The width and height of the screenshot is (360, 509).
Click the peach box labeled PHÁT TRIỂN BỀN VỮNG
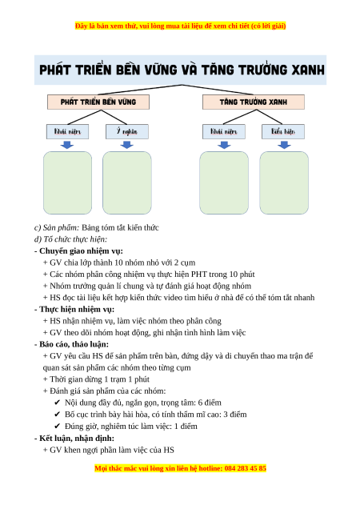tap(98, 102)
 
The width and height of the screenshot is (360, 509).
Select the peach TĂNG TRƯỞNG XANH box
tap(254, 102)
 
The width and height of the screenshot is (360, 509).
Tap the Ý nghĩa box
tap(127, 131)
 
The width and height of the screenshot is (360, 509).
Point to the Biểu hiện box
tap(283, 131)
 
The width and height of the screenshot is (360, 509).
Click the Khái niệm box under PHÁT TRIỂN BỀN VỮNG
tap(67, 131)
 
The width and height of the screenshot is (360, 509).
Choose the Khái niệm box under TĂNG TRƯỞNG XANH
tap(224, 131)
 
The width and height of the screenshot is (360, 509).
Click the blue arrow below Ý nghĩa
tap(127, 145)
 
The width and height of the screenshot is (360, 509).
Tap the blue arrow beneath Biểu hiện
tap(284, 145)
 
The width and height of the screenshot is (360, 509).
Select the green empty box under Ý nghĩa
tap(127, 182)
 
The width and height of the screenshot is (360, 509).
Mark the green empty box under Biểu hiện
tap(284, 182)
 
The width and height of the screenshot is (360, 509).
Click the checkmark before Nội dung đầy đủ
tap(58, 403)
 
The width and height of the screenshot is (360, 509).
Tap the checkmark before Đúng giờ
tap(58, 427)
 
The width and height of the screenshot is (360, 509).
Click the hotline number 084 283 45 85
tap(245, 468)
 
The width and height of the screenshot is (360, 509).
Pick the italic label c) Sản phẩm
tap(57, 227)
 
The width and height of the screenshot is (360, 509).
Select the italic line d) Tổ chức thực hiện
tap(70, 239)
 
